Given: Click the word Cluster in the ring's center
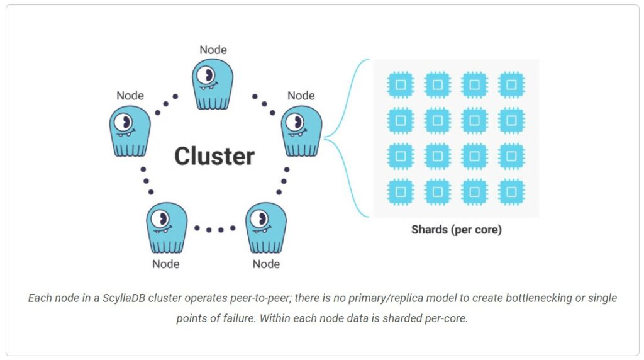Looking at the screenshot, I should (x=214, y=156).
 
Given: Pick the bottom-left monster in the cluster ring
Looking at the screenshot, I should (x=166, y=227).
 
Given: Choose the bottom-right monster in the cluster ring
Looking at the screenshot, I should (x=265, y=227).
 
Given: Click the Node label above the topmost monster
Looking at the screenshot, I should (x=213, y=50).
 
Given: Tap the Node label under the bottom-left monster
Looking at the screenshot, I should (x=165, y=264).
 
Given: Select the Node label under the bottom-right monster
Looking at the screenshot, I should (x=266, y=264).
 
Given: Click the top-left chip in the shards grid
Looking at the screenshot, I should (x=401, y=84).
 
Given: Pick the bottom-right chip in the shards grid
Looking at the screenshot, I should (x=511, y=191).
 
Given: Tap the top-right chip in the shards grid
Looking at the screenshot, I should (x=511, y=84).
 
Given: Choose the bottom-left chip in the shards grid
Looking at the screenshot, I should (x=401, y=191).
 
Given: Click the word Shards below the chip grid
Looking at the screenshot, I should (x=429, y=230).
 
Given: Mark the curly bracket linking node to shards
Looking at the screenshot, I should (x=346, y=137).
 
